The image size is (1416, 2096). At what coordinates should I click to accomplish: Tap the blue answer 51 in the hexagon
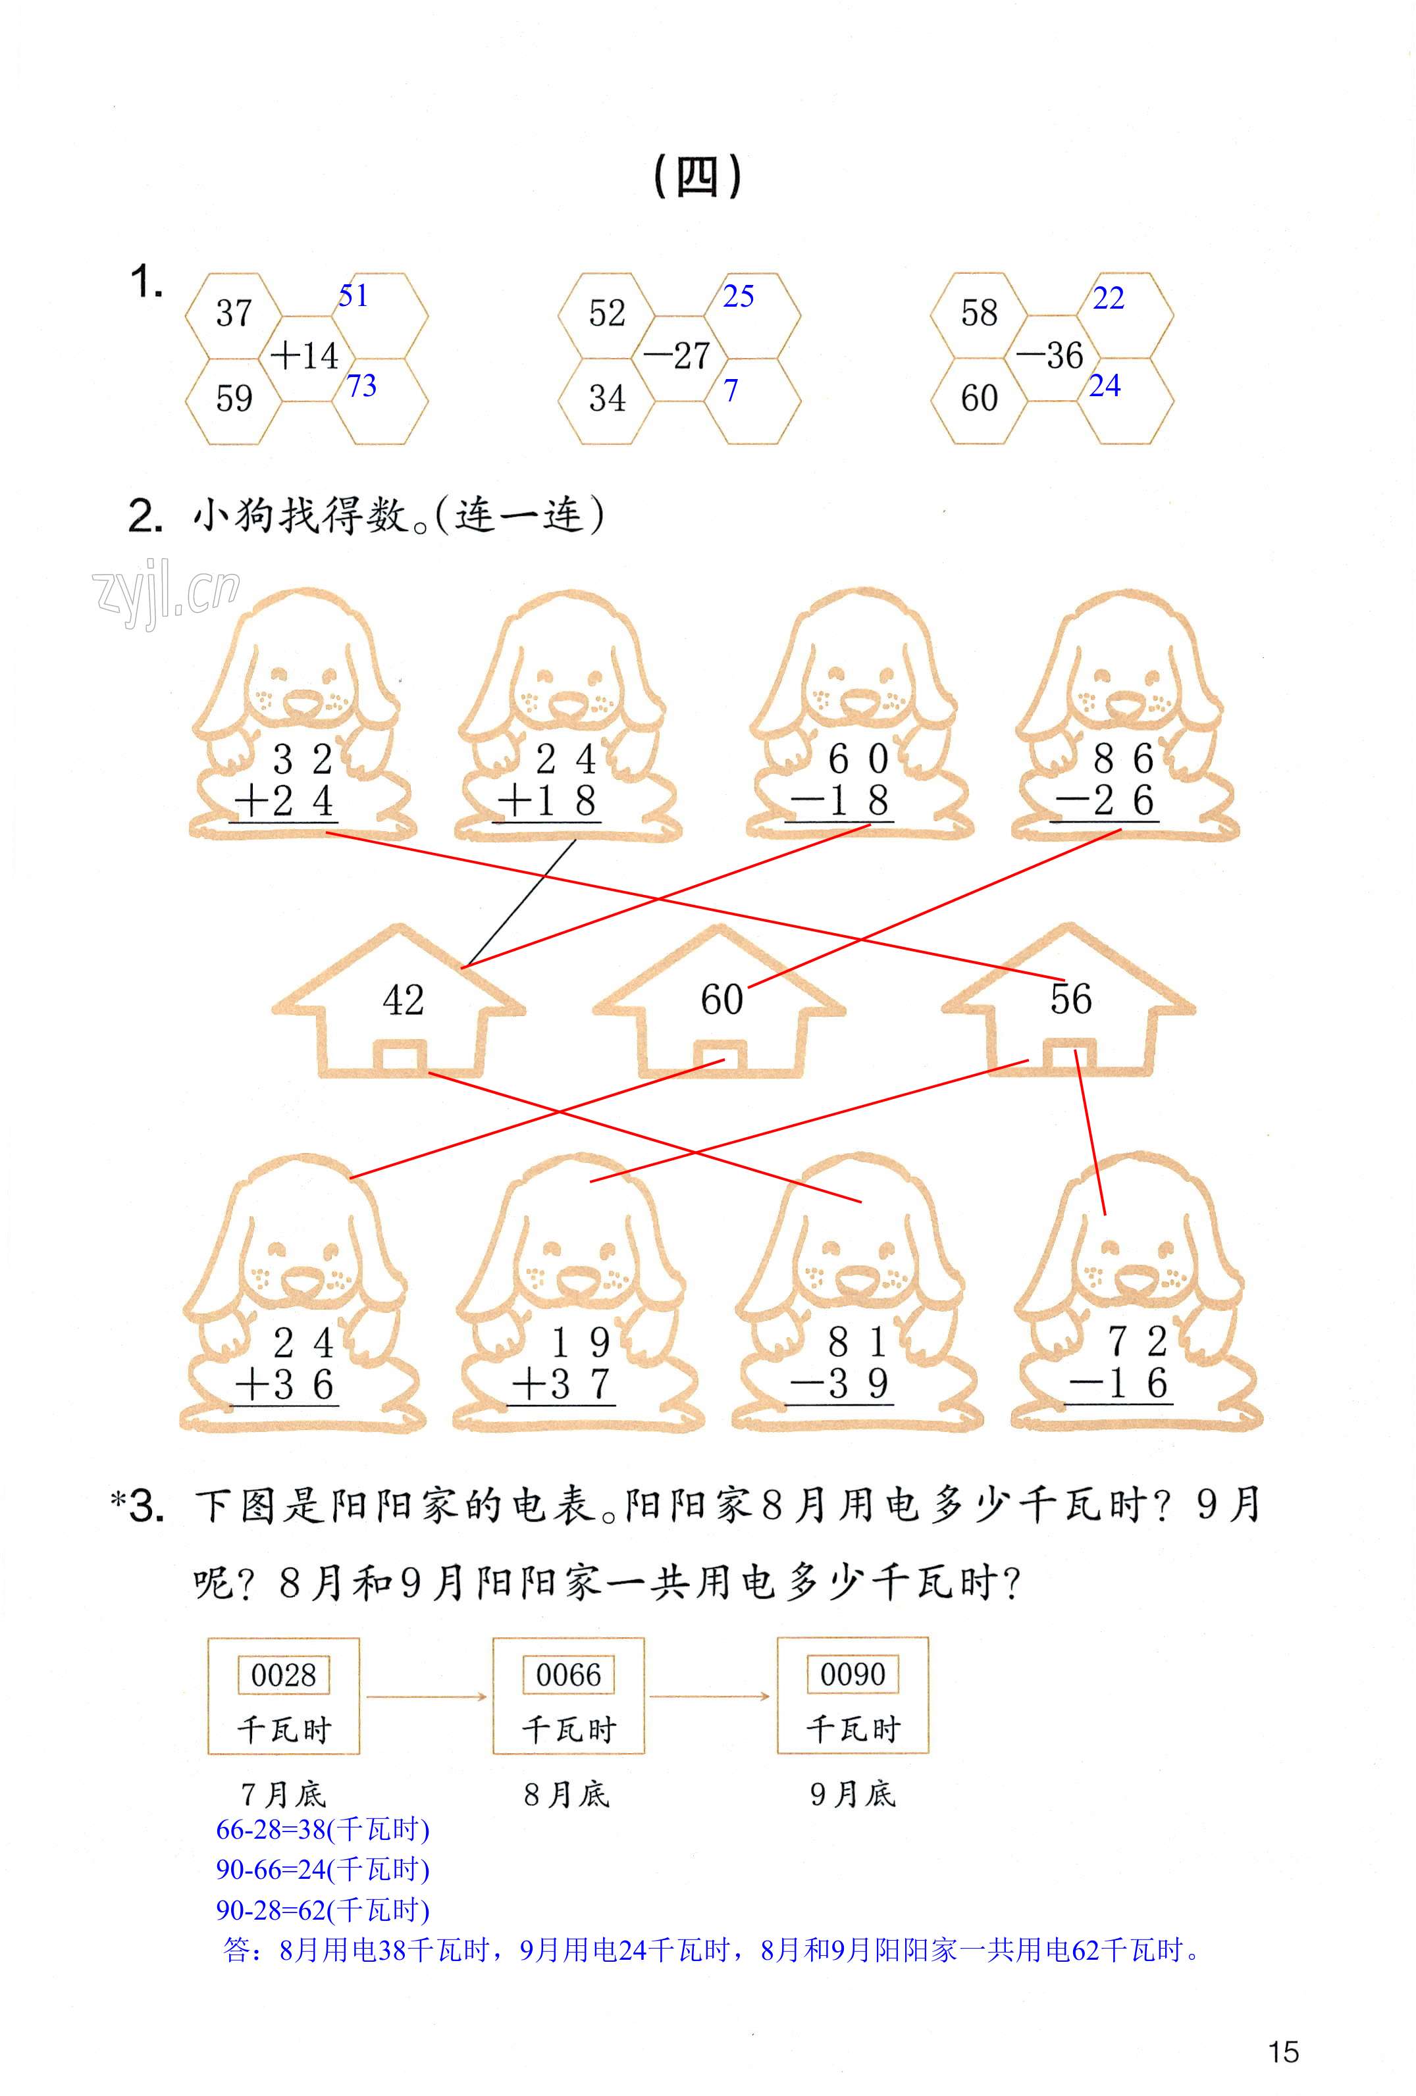[353, 296]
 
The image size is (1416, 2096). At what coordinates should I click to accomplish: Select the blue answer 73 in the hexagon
[361, 386]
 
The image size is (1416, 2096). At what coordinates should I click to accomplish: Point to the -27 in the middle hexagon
[677, 355]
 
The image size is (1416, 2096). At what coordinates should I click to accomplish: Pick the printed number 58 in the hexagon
[979, 313]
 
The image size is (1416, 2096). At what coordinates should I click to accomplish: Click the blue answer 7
[731, 390]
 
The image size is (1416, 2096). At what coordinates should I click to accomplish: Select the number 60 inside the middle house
[721, 999]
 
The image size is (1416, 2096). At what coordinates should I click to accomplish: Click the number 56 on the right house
[1070, 999]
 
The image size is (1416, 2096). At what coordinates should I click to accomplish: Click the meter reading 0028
[283, 1675]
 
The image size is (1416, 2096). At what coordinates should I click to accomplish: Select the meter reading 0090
[852, 1675]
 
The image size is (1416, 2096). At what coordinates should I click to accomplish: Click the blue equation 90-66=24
[322, 1870]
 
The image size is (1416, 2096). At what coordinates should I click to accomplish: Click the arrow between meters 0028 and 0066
[426, 1697]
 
